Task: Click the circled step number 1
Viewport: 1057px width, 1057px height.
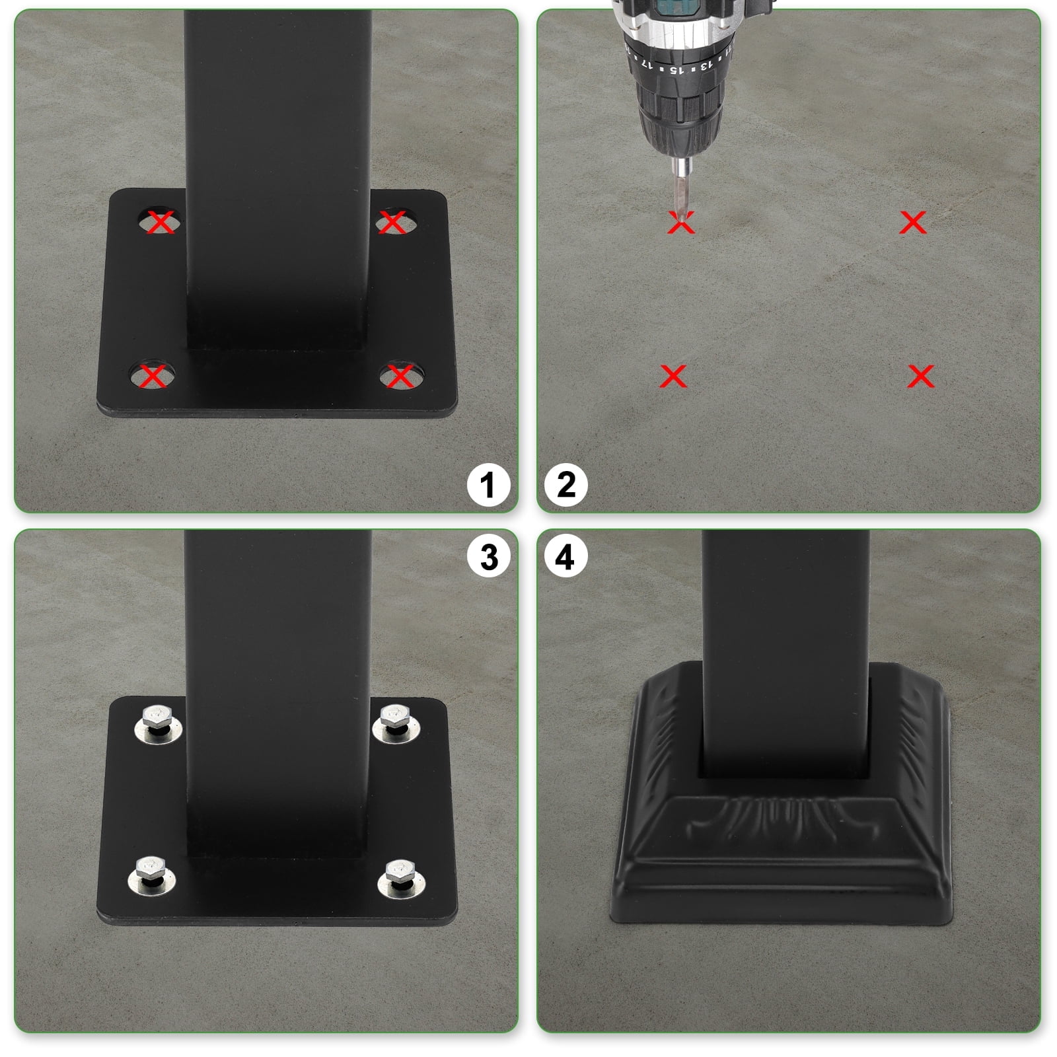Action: (x=488, y=486)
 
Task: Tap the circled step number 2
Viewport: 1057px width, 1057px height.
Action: (x=566, y=486)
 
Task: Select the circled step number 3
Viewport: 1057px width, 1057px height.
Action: (x=488, y=557)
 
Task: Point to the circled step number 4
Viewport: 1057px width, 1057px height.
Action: (x=565, y=557)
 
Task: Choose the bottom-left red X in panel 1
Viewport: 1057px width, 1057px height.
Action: (x=153, y=377)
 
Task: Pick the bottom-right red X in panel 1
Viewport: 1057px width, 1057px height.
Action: (x=399, y=377)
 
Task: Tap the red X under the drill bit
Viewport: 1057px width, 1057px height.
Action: (x=681, y=223)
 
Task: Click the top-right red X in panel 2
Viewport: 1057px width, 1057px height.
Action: (x=913, y=223)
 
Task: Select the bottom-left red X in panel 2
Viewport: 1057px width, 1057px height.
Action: (x=673, y=377)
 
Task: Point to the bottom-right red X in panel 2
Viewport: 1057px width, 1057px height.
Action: (x=920, y=377)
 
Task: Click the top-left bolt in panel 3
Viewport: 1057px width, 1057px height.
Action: (x=159, y=723)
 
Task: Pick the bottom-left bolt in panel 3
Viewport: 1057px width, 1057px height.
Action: (x=151, y=873)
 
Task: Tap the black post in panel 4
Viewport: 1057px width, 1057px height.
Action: (x=785, y=647)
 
